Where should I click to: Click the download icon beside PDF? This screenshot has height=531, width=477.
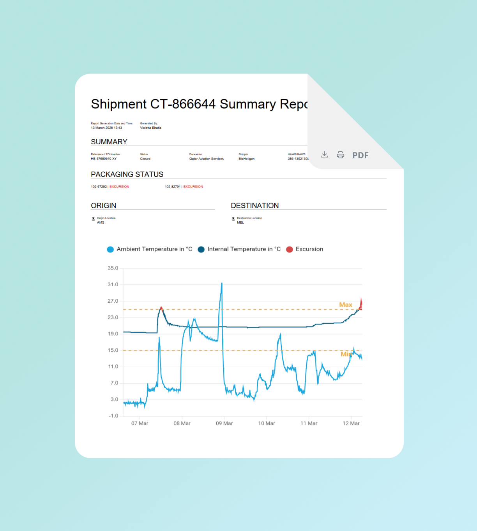324,155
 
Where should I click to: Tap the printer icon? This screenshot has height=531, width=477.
341,155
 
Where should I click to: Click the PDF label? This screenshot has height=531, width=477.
360,155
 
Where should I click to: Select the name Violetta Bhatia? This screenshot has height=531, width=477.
150,128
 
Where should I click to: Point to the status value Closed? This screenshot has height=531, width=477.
145,159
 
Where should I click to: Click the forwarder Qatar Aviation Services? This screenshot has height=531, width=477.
207,159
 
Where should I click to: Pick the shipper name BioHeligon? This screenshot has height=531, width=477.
246,159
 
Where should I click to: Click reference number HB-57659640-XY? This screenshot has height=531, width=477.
104,159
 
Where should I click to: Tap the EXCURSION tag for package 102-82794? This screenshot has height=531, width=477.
193,187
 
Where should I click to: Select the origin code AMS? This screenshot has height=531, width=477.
101,223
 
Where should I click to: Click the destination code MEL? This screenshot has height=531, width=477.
240,223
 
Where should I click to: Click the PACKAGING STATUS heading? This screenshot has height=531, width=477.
127,174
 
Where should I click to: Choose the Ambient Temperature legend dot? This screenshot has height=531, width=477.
110,249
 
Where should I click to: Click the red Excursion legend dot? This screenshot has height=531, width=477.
289,249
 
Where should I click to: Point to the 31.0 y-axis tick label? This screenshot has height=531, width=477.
113,284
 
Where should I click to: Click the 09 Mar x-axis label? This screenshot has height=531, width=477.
224,423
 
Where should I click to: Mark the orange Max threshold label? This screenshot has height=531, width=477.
345,305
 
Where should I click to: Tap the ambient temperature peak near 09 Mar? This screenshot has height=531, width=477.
222,284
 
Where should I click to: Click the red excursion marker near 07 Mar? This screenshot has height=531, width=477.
161,308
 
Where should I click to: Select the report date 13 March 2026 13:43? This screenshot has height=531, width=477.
106,128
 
